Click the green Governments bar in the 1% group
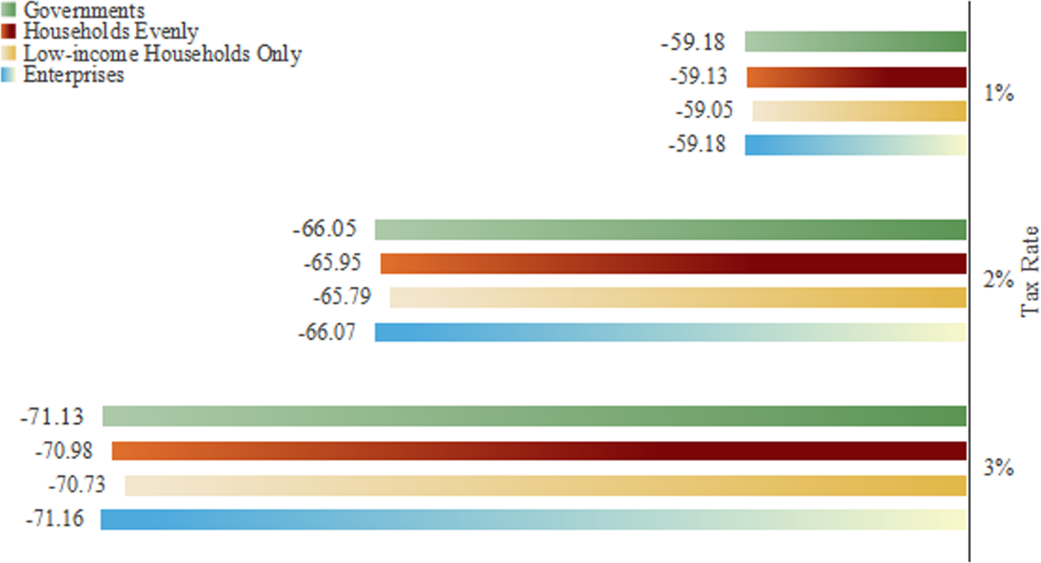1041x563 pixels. pos(855,41)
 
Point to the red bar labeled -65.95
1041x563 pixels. pos(673,264)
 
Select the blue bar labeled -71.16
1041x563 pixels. pos(533,519)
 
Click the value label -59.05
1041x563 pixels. pos(705,110)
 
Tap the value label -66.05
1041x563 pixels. pos(324,229)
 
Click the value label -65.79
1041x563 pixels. pos(342,297)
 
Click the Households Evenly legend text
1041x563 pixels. pos(111,32)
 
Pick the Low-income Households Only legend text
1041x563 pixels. pos(162,54)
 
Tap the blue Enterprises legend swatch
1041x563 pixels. pos(10,75)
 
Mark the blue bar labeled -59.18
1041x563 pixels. pos(855,145)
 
